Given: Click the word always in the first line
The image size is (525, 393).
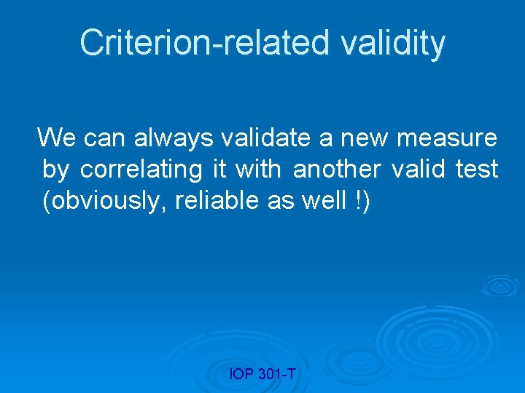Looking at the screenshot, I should [165, 137].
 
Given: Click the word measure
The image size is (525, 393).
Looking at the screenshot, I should [447, 137].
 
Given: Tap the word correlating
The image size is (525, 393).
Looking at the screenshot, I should [141, 170].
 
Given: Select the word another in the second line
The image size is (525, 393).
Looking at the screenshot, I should [336, 170].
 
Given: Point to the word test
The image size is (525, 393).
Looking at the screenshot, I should [477, 170].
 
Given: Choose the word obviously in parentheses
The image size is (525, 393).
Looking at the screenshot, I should [107, 202].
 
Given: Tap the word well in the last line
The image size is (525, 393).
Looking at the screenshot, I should [320, 202].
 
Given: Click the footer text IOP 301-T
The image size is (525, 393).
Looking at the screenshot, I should [262, 375].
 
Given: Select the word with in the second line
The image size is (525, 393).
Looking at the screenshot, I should [258, 170].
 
